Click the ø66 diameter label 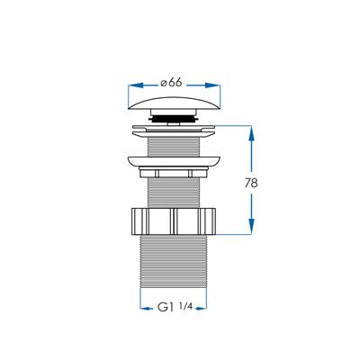[171, 83]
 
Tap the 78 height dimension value [251, 183]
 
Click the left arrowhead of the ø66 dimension [135, 85]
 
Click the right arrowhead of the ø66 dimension [213, 85]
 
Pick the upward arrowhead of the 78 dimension [251, 134]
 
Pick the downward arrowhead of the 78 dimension [251, 227]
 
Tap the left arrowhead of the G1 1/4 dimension [146, 308]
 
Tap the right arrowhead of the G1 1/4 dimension [202, 308]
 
